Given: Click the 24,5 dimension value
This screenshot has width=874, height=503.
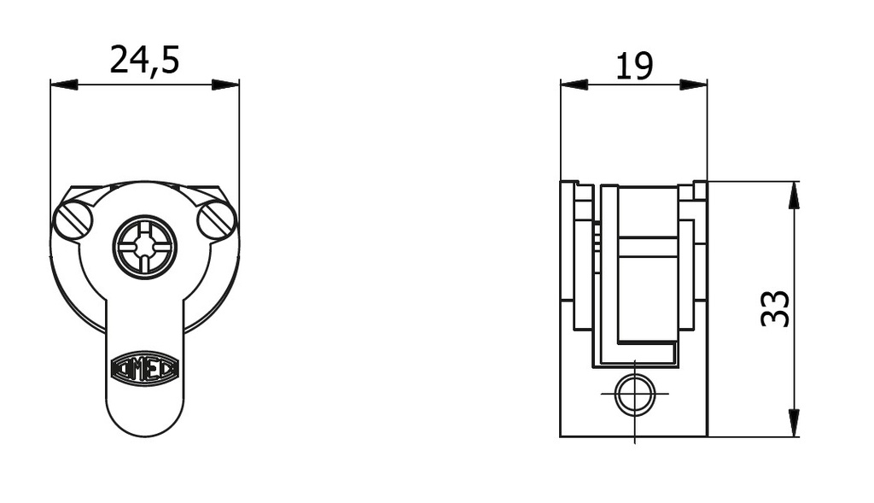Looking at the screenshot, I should tap(144, 60).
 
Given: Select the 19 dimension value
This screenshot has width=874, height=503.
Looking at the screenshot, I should tap(634, 66).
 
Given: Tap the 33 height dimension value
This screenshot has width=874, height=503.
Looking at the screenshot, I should tap(775, 308).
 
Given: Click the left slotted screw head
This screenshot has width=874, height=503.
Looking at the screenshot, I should tap(73, 221).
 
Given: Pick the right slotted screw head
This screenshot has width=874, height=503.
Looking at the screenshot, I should tap(216, 221).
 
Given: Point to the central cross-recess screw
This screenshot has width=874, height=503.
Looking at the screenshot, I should tap(145, 247).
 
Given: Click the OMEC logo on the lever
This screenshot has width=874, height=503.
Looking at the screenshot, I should tap(145, 369).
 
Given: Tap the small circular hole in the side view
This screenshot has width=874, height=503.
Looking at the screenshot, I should tap(635, 395).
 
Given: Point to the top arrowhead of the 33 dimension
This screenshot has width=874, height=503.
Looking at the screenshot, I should tap(795, 195).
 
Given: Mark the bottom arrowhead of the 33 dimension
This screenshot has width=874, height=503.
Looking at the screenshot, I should tap(795, 424).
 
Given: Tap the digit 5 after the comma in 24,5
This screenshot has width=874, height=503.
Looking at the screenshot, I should tap(168, 60).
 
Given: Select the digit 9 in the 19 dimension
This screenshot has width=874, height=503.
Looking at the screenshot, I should tap(643, 66).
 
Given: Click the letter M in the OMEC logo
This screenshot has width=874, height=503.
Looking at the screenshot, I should tap(139, 369).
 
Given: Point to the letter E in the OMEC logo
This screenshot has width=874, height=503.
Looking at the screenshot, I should tap(152, 369).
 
